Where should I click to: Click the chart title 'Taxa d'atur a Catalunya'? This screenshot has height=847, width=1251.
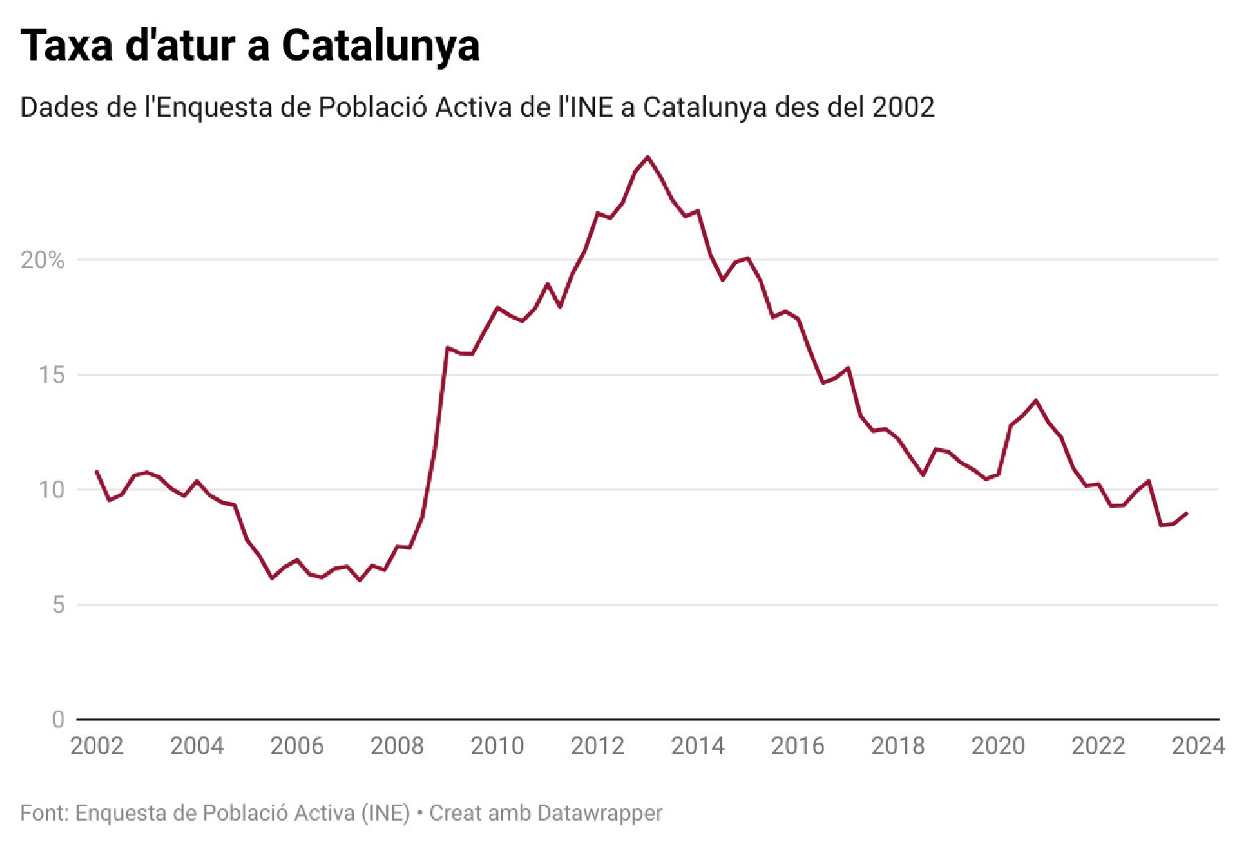(x=250, y=47)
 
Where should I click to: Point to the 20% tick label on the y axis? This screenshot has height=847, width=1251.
(x=42, y=261)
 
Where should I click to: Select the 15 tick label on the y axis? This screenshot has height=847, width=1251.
(x=51, y=375)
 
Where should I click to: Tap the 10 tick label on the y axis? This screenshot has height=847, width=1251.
(x=51, y=490)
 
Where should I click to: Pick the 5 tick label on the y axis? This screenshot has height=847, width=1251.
(x=58, y=605)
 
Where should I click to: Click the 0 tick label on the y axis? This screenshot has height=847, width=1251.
(x=58, y=720)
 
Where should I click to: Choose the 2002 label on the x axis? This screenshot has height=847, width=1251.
(x=97, y=746)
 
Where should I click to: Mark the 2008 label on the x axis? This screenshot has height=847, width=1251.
(x=397, y=746)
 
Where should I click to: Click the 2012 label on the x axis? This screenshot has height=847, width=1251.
(x=597, y=746)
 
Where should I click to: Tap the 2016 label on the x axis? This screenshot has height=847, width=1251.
(x=797, y=746)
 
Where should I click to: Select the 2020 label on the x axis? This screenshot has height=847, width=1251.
(x=997, y=746)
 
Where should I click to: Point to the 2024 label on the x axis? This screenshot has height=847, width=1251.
(x=1197, y=746)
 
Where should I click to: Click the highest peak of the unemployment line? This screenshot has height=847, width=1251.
(x=648, y=157)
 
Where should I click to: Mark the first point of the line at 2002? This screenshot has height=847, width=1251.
(x=97, y=471)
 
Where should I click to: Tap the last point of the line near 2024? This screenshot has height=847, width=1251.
(x=1186, y=513)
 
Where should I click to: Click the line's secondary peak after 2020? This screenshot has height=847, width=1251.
(x=1036, y=400)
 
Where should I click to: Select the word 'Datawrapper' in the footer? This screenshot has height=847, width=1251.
(x=600, y=813)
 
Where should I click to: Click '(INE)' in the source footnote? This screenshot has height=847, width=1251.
(x=386, y=813)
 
